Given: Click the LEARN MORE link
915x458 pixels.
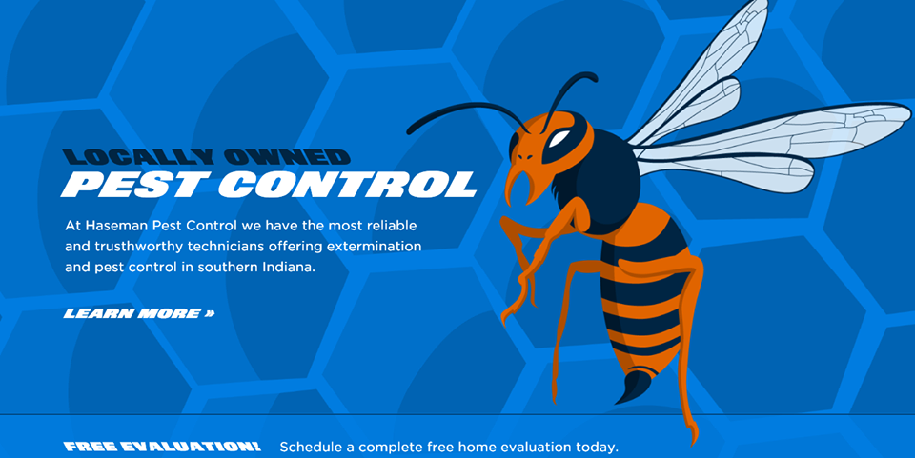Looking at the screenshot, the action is [x=139, y=313].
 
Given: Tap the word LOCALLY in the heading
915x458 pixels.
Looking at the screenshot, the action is [x=137, y=157].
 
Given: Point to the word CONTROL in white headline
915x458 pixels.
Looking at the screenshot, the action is [x=348, y=184].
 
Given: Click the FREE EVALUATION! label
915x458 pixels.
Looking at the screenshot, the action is [x=162, y=447].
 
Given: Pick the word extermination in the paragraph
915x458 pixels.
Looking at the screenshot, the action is [x=374, y=247].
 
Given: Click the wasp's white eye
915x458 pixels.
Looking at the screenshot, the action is [x=559, y=139].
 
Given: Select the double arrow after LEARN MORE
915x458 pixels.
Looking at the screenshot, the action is [x=210, y=313].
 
